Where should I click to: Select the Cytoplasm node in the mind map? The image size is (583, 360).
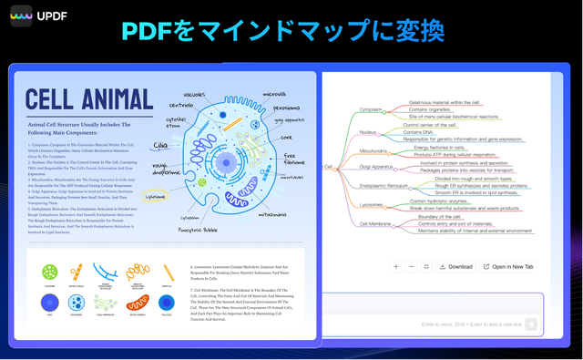(371, 109)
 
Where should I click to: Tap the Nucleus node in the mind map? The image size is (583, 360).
(368, 132)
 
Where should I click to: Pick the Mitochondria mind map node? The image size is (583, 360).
(373, 150)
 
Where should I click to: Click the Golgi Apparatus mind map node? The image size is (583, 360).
(376, 167)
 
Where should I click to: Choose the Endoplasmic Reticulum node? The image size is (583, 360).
(384, 186)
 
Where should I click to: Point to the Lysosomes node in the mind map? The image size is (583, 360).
(372, 205)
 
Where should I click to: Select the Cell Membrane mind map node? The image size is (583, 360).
(375, 223)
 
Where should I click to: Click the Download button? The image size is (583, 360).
(455, 266)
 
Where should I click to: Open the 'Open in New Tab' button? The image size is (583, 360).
(507, 266)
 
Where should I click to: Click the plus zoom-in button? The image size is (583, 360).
(396, 266)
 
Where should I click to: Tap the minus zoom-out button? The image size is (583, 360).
(411, 266)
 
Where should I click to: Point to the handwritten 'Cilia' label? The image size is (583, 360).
(160, 145)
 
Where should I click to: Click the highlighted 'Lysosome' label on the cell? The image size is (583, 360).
(156, 195)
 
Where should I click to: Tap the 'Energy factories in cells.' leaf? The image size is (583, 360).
(439, 147)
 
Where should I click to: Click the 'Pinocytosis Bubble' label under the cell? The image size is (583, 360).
(198, 230)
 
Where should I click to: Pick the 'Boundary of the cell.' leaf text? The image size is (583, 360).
(439, 217)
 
